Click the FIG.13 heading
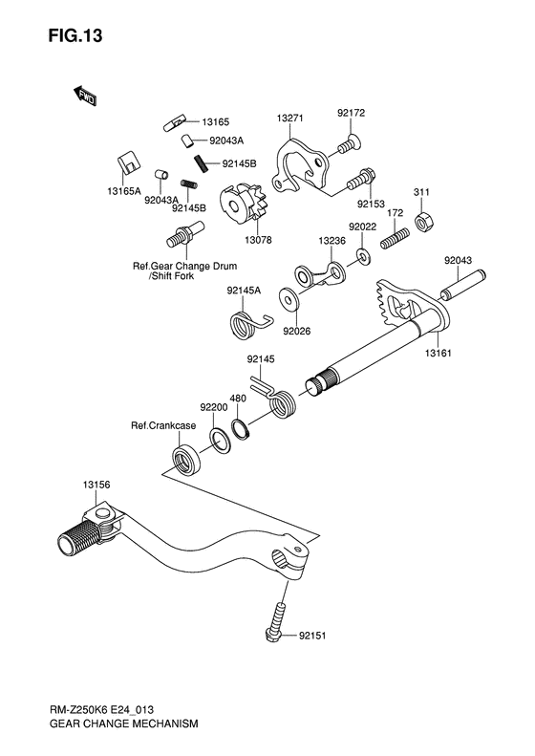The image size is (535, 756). pyautogui.click(x=75, y=35)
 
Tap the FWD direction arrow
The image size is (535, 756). pyautogui.click(x=85, y=95)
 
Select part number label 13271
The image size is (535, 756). pyautogui.click(x=289, y=118)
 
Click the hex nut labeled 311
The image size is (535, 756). pyautogui.click(x=425, y=222)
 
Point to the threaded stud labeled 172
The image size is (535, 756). pyautogui.click(x=396, y=238)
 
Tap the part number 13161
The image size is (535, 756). pyautogui.click(x=438, y=353)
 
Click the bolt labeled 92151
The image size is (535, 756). pyautogui.click(x=276, y=621)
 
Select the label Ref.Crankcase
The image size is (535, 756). pyautogui.click(x=163, y=425)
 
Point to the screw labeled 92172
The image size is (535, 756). pyautogui.click(x=350, y=143)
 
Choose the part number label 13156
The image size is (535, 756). pyautogui.click(x=96, y=485)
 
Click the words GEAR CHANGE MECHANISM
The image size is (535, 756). pyautogui.click(x=123, y=724)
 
